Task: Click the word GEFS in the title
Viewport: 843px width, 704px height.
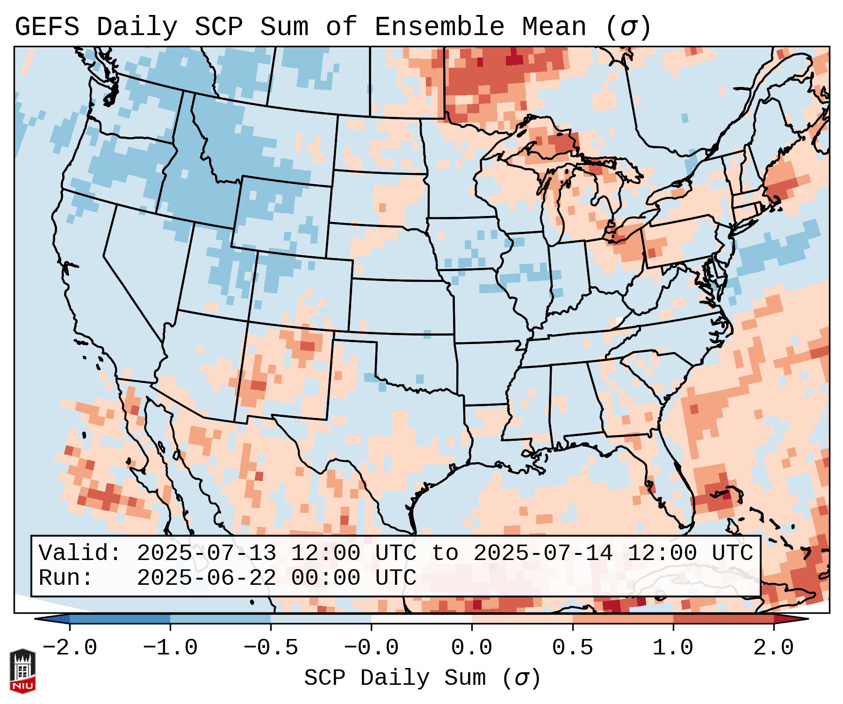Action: pyautogui.click(x=47, y=27)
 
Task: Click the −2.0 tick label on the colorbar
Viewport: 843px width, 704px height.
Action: pyautogui.click(x=70, y=648)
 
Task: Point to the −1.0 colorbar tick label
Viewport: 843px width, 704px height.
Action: pyautogui.click(x=170, y=648)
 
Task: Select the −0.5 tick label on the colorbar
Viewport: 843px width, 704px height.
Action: pyautogui.click(x=271, y=648)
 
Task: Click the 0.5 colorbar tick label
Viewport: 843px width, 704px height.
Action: pyautogui.click(x=572, y=648)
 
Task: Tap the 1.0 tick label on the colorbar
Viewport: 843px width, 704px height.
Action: pyautogui.click(x=673, y=648)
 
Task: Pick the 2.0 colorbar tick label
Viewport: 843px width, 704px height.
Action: pyautogui.click(x=774, y=648)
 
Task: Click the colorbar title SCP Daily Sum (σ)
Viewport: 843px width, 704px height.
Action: pyautogui.click(x=422, y=678)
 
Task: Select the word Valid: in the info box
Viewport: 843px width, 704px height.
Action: pyautogui.click(x=79, y=553)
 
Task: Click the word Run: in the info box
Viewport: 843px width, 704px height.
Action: pyautogui.click(x=65, y=578)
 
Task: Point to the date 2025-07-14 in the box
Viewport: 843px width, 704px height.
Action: pyautogui.click(x=543, y=553)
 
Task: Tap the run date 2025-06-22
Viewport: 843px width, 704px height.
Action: pyautogui.click(x=206, y=578)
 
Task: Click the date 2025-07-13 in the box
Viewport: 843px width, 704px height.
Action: pyautogui.click(x=206, y=553)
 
